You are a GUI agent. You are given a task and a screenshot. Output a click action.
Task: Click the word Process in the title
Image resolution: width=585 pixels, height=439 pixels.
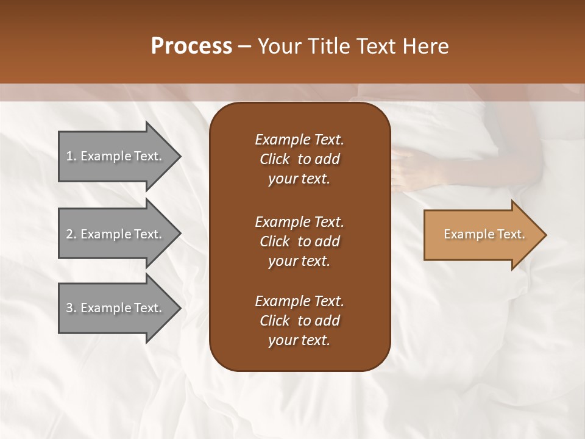click(191, 46)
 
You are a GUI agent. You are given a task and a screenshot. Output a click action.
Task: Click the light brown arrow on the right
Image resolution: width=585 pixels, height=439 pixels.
click(481, 235)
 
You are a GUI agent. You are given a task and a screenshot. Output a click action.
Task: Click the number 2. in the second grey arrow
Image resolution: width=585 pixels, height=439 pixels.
click(71, 234)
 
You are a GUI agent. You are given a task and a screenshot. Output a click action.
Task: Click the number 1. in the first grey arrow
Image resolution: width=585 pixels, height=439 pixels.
click(71, 156)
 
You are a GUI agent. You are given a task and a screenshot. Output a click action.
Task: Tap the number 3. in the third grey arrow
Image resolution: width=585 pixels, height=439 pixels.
click(71, 308)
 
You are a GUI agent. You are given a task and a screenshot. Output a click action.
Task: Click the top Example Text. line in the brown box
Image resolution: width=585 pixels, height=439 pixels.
click(299, 140)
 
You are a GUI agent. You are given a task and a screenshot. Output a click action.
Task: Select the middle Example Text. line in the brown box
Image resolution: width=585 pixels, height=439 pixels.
click(299, 221)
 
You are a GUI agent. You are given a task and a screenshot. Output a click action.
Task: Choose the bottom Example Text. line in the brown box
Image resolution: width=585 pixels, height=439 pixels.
click(299, 301)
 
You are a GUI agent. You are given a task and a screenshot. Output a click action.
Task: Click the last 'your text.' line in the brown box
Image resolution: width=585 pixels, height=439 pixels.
click(299, 341)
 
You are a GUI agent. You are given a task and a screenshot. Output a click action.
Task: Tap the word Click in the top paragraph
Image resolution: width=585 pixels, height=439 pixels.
click(274, 159)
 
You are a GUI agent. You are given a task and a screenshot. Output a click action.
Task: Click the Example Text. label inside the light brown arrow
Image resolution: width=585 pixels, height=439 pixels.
click(484, 234)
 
